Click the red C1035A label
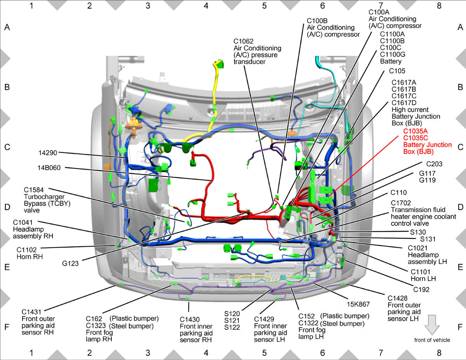pos(416,131)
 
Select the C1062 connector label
pos(243,41)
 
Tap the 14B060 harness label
pos(49,168)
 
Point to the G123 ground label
pos(70,263)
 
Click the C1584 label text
pos(34,190)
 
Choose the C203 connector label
pos(434,164)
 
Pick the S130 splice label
pos(418,232)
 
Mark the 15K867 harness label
pos(358,304)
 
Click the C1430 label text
pos(190,319)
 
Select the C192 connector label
pos(421,289)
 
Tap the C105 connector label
pos(397,71)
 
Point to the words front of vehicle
pos(432,340)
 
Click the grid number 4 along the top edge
pos(206,6)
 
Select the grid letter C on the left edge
pos(7,147)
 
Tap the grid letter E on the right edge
pos(460,267)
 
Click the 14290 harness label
pos(48,153)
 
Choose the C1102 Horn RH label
pos(30,253)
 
